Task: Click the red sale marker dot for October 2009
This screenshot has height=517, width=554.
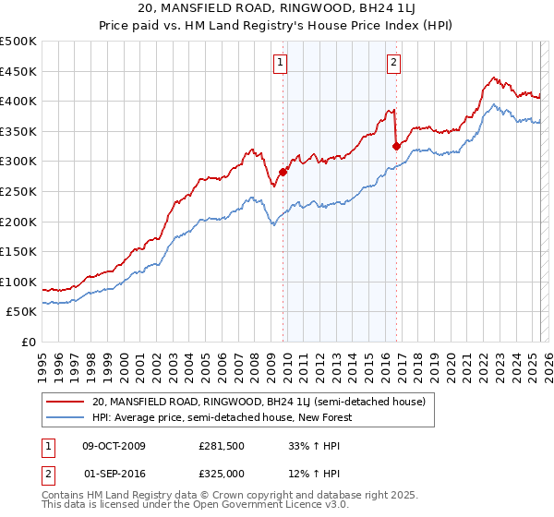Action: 283,171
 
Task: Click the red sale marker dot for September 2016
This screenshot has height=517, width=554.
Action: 396,145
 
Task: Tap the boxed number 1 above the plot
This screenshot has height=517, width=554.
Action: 280,63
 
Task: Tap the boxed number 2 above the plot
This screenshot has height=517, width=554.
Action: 393,63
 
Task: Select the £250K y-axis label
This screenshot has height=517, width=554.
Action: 18,191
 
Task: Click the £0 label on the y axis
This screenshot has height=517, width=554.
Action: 28,342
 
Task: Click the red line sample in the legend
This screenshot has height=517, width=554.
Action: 66,402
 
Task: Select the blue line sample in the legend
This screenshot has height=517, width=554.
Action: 66,417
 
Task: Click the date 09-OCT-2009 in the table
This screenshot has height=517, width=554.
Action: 114,446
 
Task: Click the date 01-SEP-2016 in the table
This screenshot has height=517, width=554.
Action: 114,474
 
